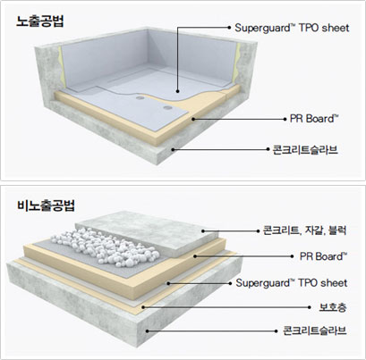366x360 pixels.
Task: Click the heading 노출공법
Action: point(39,21)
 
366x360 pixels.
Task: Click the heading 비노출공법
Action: point(46,205)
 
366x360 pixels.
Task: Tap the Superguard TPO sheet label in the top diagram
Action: point(292,28)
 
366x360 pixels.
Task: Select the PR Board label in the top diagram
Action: point(314,119)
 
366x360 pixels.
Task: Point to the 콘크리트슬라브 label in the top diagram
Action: point(306,149)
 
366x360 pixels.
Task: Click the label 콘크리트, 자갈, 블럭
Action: point(304,230)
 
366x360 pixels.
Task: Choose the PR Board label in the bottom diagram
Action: point(323,256)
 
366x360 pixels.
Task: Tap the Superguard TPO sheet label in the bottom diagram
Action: point(292,283)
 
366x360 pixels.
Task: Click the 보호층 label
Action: point(333,307)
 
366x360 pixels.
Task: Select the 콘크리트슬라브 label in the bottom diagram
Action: point(315,331)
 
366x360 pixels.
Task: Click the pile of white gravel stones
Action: point(105,247)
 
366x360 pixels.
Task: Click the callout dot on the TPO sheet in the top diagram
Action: point(177,91)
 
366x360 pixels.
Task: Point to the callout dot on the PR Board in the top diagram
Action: point(193,119)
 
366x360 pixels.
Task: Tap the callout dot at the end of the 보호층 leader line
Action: point(143,307)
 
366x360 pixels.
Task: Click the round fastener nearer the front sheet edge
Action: point(167,107)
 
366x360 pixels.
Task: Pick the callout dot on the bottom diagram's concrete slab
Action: point(147,331)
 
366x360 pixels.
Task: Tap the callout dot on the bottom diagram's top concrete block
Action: point(203,230)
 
